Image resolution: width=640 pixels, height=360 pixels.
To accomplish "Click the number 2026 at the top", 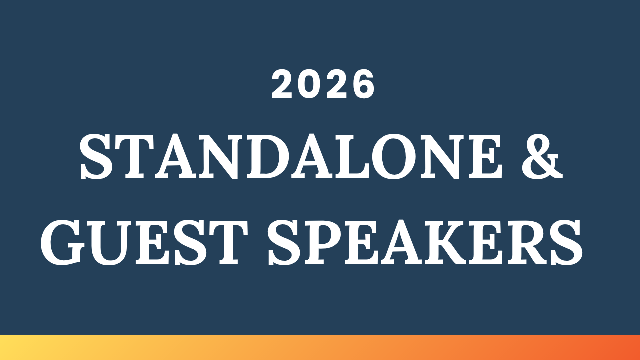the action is [323, 84].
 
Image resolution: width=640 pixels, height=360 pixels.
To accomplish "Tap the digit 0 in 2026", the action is [310, 84].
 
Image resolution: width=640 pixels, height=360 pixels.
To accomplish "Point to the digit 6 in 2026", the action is [362, 84].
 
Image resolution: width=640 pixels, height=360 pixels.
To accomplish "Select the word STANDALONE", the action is [291, 157].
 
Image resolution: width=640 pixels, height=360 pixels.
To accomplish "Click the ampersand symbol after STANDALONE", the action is [542, 157].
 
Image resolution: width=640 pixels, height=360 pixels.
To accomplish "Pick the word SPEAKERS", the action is [425, 243].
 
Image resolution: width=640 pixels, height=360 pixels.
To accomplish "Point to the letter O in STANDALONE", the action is [394, 157].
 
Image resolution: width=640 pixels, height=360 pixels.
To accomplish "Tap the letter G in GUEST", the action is [63, 243].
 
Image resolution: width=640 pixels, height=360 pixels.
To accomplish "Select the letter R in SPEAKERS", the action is [534, 243].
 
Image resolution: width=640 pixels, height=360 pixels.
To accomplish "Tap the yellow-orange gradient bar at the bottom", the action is [320, 347].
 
